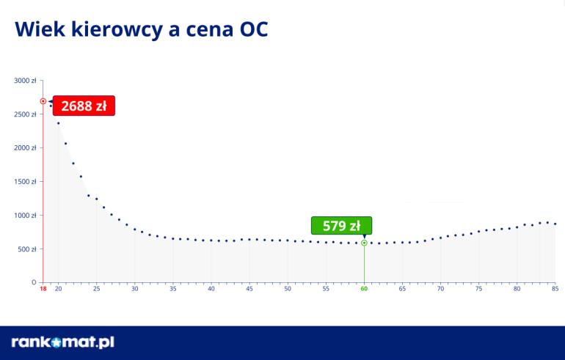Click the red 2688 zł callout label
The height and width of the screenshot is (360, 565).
(84, 106)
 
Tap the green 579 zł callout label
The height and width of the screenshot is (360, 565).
(341, 225)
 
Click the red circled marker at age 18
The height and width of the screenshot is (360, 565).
(43, 101)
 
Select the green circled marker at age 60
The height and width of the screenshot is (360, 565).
(364, 242)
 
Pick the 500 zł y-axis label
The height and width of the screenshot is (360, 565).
(27, 249)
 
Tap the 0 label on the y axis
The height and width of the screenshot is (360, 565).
(34, 282)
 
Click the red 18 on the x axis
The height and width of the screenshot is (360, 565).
(43, 290)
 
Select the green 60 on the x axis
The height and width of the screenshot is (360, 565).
(364, 290)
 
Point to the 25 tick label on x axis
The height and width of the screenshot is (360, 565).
(96, 290)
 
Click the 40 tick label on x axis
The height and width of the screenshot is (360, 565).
(211, 290)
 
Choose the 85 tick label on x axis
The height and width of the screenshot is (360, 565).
(555, 290)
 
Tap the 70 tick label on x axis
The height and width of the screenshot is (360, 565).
(440, 290)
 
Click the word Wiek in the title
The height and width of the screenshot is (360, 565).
(40, 29)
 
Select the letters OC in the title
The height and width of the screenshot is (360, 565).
(253, 29)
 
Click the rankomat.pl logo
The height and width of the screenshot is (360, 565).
(63, 342)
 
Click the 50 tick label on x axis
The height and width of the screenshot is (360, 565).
(288, 290)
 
